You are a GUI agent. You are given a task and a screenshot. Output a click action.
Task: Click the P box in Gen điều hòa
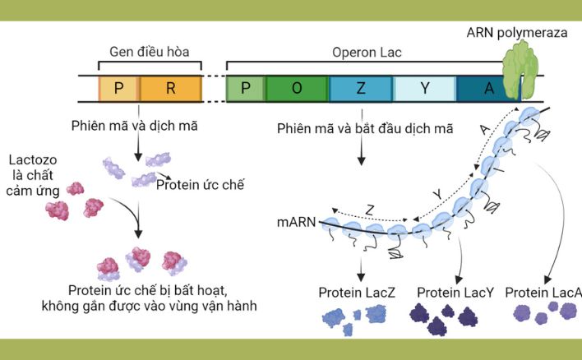click(x=118, y=89)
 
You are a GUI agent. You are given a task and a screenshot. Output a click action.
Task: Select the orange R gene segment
click(x=170, y=89)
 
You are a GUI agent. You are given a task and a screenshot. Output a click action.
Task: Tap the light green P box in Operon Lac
click(x=245, y=89)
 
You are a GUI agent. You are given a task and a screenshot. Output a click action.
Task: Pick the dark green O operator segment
click(x=296, y=89)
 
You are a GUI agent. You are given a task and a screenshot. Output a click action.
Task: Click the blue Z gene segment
click(x=360, y=89)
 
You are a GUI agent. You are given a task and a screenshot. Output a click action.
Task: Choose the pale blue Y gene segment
click(x=424, y=89)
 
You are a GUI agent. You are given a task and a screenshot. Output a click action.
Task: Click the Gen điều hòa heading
click(x=150, y=52)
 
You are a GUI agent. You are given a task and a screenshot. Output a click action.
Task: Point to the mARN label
click(x=296, y=223)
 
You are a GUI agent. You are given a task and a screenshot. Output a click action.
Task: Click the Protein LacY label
click(x=455, y=293)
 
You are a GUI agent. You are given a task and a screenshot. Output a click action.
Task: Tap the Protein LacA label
click(x=543, y=293)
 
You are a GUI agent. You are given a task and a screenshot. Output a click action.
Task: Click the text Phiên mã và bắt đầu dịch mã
click(x=365, y=129)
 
